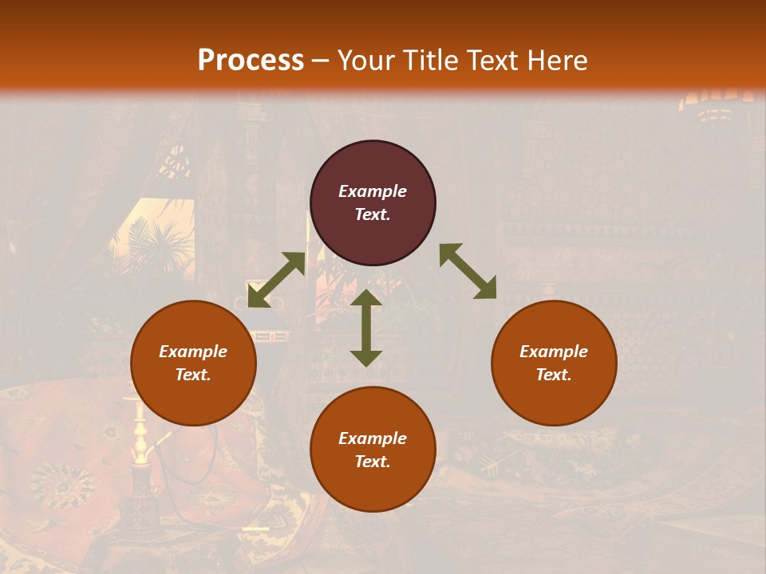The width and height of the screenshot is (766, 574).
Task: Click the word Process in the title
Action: click(251, 61)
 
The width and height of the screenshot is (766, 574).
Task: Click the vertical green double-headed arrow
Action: click(366, 328)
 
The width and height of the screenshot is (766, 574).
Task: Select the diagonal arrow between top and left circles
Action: click(276, 280)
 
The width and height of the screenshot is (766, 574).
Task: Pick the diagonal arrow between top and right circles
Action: click(468, 271)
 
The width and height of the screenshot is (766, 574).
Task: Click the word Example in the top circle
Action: click(373, 191)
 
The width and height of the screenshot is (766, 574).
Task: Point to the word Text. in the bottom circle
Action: click(373, 462)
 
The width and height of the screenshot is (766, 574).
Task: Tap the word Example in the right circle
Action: click(554, 352)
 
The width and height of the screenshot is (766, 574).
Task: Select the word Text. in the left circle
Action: click(193, 375)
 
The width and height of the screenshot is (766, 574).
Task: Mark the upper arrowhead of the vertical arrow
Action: click(366, 298)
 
